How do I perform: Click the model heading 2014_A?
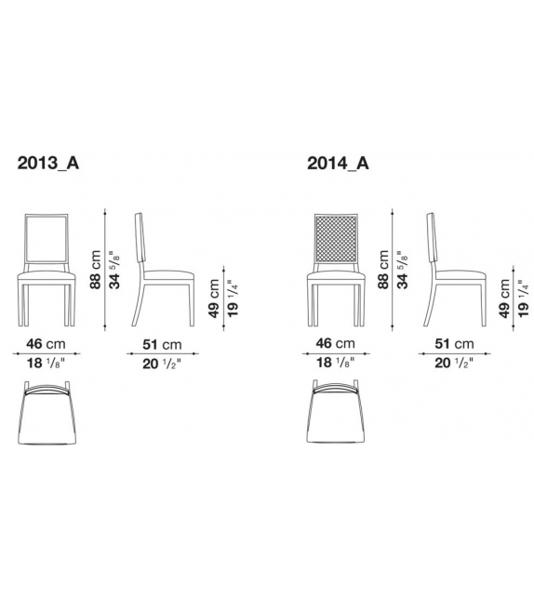[x=338, y=165]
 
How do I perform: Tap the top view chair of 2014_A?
[x=337, y=418]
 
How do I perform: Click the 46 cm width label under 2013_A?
[x=47, y=343]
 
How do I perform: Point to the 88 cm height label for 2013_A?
[x=96, y=270]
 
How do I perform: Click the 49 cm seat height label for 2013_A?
[x=213, y=299]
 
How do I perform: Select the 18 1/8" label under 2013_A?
[x=47, y=365]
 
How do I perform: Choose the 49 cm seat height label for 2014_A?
[x=503, y=299]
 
